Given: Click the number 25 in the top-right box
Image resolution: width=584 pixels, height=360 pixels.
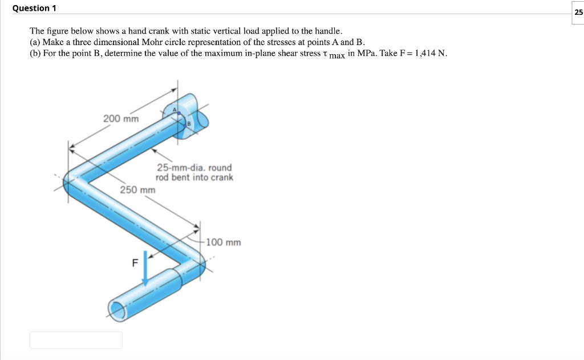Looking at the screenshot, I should click(x=578, y=12).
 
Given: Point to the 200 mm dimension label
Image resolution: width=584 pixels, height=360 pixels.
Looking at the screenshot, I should click(x=121, y=119).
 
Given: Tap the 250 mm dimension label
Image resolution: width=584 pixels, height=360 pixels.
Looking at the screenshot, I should click(x=137, y=190).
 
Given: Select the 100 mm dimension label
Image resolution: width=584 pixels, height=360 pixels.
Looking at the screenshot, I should click(x=224, y=242).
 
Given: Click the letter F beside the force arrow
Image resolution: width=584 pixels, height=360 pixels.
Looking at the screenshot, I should click(x=135, y=264).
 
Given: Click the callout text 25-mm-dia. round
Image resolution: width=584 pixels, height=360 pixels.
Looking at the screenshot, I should click(x=194, y=168).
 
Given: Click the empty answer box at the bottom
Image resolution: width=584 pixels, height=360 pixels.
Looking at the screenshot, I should click(x=76, y=340).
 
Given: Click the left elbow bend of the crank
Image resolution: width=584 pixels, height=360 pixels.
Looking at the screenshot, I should click(x=74, y=183).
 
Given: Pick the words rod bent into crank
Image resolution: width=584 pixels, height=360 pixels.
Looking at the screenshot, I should click(x=194, y=177).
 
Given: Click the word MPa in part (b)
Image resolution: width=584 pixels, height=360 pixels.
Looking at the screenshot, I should click(x=366, y=54).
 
